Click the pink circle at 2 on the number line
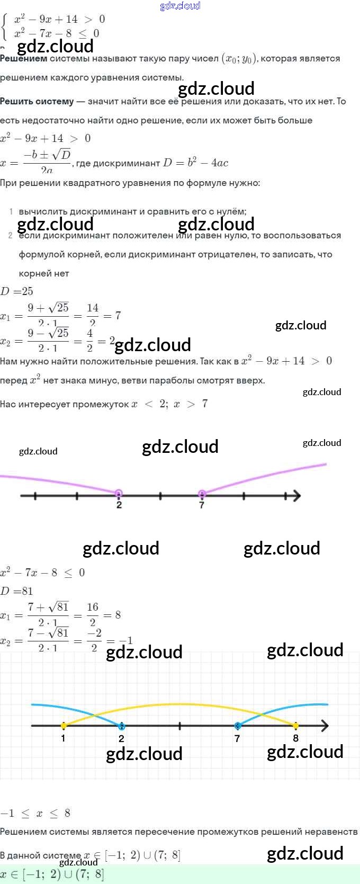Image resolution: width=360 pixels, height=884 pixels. (119, 494)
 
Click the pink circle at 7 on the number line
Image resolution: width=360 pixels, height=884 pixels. (202, 494)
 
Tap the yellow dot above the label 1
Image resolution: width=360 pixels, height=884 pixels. (64, 726)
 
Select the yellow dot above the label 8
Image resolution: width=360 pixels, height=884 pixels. (295, 726)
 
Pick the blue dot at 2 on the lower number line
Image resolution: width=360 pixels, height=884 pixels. (122, 726)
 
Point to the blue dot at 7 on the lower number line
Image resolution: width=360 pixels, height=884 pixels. (237, 726)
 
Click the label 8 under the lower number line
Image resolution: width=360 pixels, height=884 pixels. (295, 738)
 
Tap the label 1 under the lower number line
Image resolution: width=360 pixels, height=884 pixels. (63, 738)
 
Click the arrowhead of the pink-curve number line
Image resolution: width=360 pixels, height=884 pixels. (296, 496)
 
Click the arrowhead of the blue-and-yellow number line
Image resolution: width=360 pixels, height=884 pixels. (325, 726)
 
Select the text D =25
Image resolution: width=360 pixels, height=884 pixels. (17, 291)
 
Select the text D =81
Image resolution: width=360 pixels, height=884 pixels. (17, 591)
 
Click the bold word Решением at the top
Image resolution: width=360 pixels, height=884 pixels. (23, 58)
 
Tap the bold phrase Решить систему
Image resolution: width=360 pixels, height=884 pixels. (37, 101)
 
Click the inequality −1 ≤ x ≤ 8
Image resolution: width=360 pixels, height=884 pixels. (35, 813)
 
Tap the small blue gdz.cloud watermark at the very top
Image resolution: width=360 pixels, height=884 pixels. (180, 6)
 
